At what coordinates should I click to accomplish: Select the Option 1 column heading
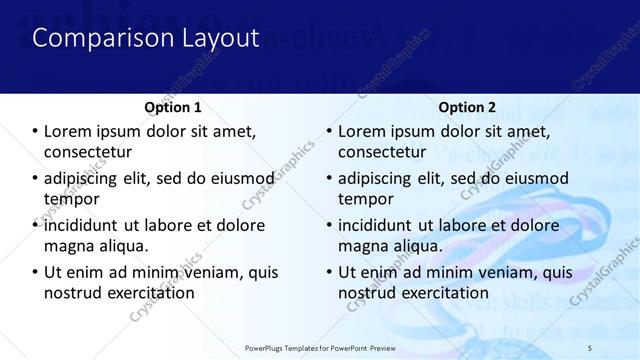[x=172, y=107]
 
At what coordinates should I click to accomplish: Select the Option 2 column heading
[x=466, y=107]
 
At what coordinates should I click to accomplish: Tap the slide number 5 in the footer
[x=590, y=347]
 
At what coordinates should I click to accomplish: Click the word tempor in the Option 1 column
[x=70, y=199]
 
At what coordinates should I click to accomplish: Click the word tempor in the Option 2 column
[x=364, y=199]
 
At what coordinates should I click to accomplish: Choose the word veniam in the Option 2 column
[x=498, y=272]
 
